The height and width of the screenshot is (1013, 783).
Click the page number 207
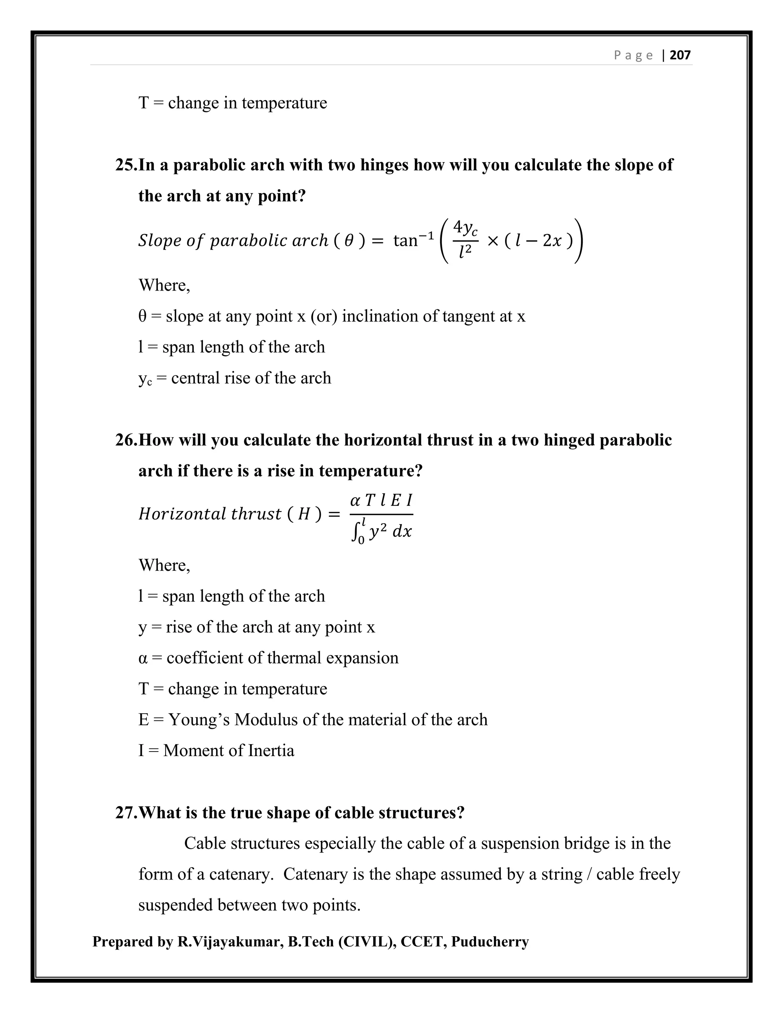(680, 55)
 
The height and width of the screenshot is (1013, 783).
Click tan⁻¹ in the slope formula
(413, 240)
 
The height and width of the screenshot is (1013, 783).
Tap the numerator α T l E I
(381, 500)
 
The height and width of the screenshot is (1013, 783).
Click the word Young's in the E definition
(198, 719)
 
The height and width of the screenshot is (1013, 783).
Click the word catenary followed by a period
(240, 874)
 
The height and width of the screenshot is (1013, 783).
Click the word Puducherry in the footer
(490, 942)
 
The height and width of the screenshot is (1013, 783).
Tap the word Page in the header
(633, 55)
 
